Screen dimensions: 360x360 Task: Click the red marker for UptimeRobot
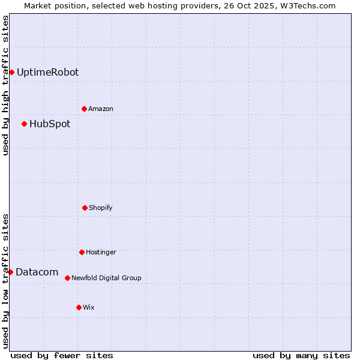(11, 72)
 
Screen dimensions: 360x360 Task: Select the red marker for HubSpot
(24, 124)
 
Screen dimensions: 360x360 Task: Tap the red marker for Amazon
(84, 109)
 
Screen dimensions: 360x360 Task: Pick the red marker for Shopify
(85, 208)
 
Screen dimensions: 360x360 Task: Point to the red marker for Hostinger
(82, 252)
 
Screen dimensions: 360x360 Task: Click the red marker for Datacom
(10, 272)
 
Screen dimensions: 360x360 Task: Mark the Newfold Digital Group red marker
(67, 278)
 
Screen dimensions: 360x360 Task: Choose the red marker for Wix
(79, 307)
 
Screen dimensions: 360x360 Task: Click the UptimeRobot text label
(47, 72)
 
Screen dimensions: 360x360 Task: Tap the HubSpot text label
(50, 124)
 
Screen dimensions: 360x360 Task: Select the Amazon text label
(101, 109)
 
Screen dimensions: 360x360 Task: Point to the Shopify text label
(101, 208)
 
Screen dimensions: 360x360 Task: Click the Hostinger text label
(101, 252)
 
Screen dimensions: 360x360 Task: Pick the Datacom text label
(37, 272)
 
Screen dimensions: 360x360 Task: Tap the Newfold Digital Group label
(106, 278)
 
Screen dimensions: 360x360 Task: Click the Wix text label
(89, 307)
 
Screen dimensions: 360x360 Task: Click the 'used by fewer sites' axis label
(62, 355)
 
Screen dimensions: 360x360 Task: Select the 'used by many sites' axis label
(301, 355)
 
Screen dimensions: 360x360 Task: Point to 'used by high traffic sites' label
(5, 85)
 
